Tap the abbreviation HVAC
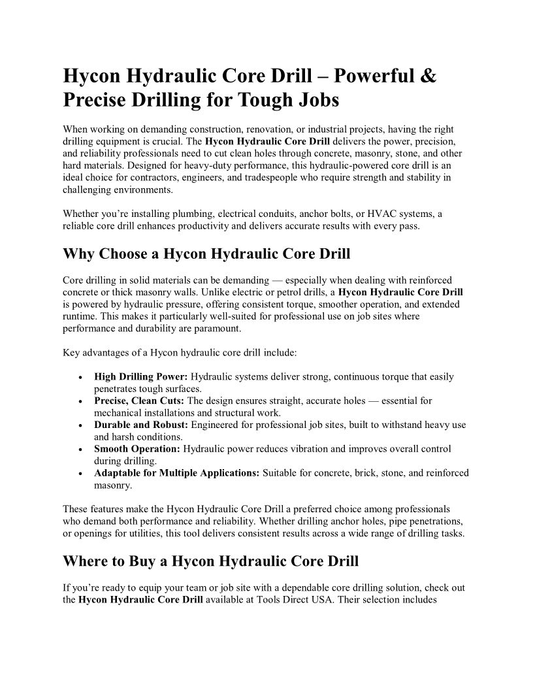[x=388, y=214]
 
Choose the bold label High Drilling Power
[x=141, y=377]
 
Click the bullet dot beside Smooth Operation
[x=80, y=450]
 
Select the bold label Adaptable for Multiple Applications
[x=177, y=472]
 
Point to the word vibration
[x=315, y=449]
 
